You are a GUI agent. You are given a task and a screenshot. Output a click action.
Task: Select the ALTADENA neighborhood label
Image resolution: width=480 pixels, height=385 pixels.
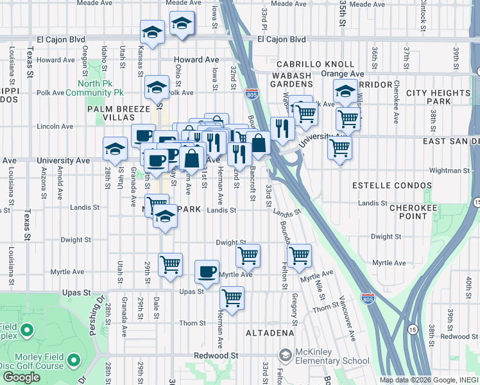coord(270,333)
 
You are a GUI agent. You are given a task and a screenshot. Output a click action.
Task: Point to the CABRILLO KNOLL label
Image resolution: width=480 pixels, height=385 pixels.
coord(315,64)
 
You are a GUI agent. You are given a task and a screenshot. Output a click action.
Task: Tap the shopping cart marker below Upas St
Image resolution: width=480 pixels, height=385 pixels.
coord(231,297)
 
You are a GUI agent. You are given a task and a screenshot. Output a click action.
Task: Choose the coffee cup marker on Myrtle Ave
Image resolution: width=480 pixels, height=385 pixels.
coord(207,271)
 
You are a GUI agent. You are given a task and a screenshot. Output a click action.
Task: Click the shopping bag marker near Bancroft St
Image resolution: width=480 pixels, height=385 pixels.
coord(259,143)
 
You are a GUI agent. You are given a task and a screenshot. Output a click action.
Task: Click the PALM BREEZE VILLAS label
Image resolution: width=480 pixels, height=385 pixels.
coord(118,114)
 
